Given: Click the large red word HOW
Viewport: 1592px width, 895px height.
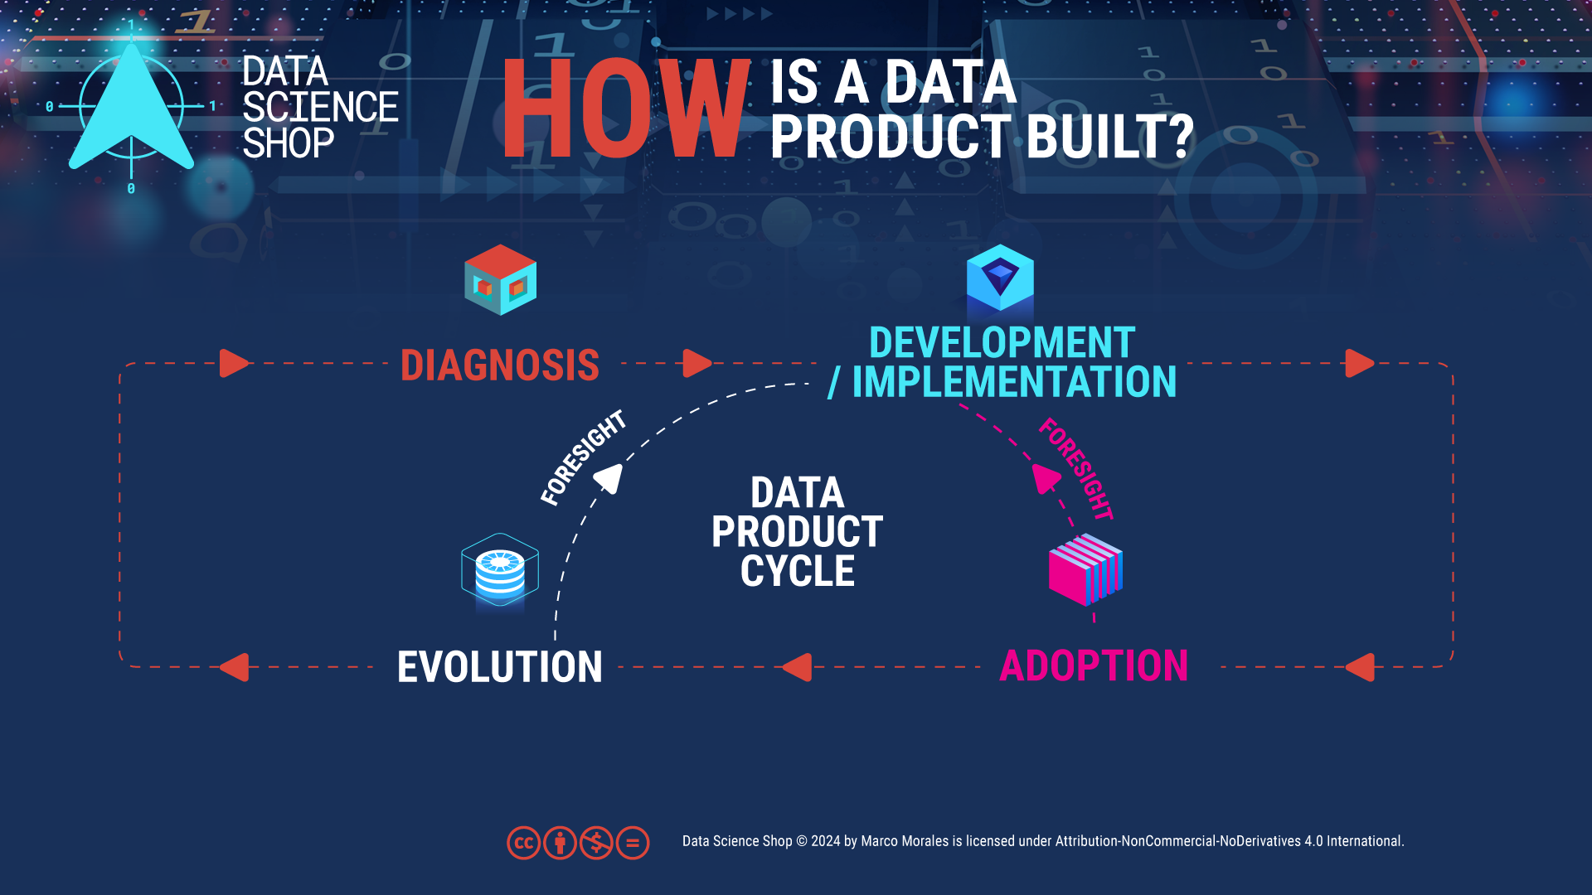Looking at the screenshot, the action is pyautogui.click(x=626, y=109).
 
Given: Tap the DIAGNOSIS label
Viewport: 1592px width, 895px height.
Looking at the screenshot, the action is pyautogui.click(x=500, y=365).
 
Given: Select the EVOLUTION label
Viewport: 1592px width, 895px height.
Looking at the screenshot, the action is pyautogui.click(x=500, y=667).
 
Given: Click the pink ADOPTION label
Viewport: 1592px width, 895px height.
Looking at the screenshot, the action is pyautogui.click(x=1094, y=666).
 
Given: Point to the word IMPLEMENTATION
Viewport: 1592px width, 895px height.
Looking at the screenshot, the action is pyautogui.click(x=1014, y=382).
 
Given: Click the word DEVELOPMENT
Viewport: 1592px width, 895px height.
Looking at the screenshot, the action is pyautogui.click(x=1002, y=343).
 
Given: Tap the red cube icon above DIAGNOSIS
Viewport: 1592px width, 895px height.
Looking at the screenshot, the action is pyautogui.click(x=500, y=279).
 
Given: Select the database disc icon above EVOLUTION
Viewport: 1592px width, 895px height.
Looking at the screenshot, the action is pyautogui.click(x=500, y=570).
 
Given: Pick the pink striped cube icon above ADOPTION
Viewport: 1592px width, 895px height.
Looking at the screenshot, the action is pyautogui.click(x=1085, y=569).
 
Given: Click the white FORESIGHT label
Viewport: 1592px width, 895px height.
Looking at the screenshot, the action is pyautogui.click(x=583, y=457).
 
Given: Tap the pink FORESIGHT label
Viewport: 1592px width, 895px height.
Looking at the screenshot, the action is pyautogui.click(x=1076, y=469).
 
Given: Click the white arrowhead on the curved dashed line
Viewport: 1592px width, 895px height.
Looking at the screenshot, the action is pyautogui.click(x=609, y=478).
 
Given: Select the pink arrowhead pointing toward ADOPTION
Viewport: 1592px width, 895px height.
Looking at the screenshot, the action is pyautogui.click(x=1046, y=478).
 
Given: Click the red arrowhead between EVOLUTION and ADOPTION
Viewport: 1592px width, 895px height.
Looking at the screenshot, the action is pyautogui.click(x=798, y=667).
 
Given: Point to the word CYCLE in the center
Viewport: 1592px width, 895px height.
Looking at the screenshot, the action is pyautogui.click(x=798, y=571).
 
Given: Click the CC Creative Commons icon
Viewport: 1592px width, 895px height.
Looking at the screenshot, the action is pyautogui.click(x=523, y=844).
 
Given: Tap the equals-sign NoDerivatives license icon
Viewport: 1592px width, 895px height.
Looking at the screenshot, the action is pyautogui.click(x=633, y=844).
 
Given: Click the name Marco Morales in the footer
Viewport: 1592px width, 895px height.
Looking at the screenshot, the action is pyautogui.click(x=905, y=841).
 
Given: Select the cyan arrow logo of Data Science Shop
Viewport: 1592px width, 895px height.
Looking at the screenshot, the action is pyautogui.click(x=131, y=108).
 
